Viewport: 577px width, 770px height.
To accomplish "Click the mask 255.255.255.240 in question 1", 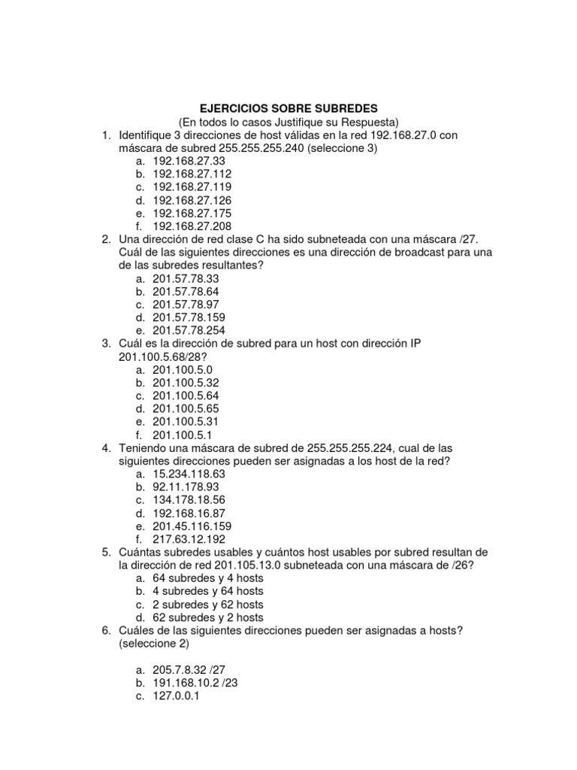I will point(262,148).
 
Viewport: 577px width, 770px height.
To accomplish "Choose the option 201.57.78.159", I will point(189,317).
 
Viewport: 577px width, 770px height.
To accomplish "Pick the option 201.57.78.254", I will point(189,330).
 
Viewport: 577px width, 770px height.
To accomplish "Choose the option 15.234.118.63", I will point(189,474).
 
